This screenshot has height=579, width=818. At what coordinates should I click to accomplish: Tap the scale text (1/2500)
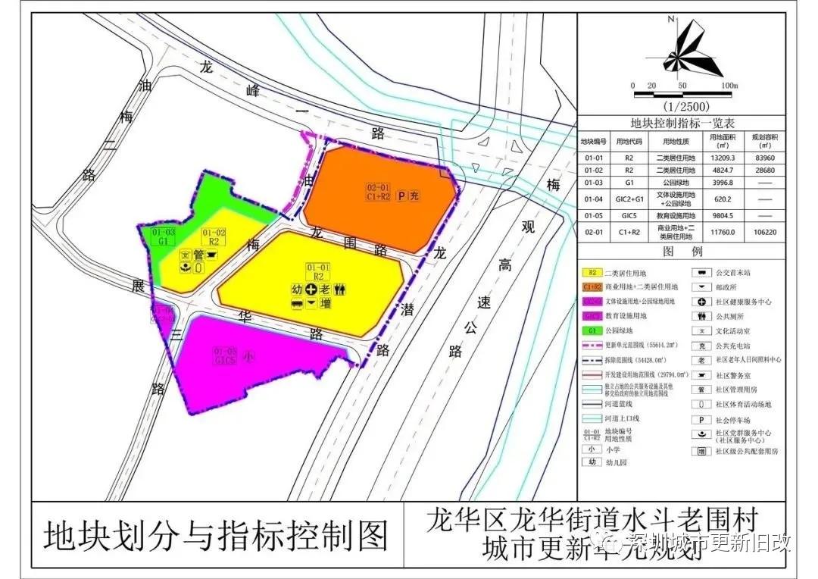coord(682,107)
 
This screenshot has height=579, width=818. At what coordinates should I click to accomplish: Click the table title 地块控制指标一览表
coord(682,124)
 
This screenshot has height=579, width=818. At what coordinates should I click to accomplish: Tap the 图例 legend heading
coord(682,251)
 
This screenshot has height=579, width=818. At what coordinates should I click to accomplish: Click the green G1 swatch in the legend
coord(591,330)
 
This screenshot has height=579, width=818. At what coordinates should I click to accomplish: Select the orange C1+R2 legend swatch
coord(591,287)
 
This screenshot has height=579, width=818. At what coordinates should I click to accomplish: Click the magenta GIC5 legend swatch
coord(591,316)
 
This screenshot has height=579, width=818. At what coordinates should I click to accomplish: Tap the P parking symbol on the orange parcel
coord(401,196)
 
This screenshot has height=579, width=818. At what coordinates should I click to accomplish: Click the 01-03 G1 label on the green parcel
coord(164,236)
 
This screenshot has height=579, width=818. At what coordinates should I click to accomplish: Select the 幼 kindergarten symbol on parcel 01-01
coord(297,289)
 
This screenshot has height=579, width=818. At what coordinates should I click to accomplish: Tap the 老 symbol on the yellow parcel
coord(324,289)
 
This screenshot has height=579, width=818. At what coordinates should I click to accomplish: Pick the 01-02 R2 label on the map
coord(214,236)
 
